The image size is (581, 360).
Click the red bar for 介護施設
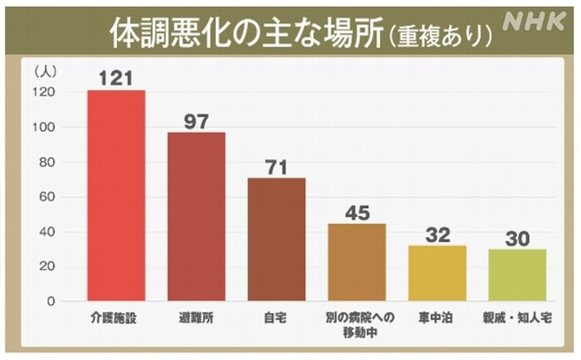116,195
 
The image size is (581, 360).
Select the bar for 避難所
196,216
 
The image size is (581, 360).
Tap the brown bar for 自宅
277,239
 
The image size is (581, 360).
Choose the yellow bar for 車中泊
437,273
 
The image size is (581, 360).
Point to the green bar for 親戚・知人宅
517,275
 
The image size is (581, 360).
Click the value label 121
116,79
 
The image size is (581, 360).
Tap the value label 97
196,121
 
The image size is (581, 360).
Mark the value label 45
356,212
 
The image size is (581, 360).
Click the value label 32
437,234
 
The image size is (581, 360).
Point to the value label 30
517,238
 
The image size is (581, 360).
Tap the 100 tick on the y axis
44,128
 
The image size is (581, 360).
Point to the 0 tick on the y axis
51,301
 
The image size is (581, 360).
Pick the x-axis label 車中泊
437,317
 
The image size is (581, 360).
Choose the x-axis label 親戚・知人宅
517,317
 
